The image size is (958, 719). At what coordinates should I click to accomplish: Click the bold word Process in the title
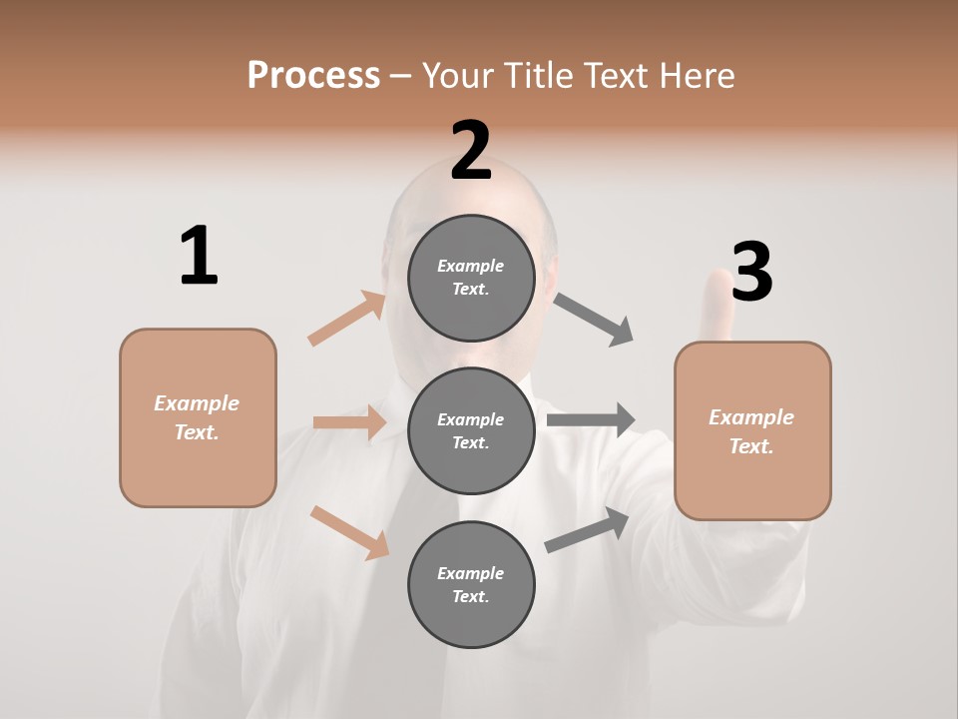click(x=313, y=76)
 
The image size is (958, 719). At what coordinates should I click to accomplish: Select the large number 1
click(x=198, y=256)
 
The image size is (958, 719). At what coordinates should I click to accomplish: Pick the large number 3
click(x=751, y=272)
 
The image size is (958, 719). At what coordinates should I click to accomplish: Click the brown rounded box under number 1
click(x=198, y=417)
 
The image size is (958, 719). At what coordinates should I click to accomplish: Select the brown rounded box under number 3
click(x=752, y=431)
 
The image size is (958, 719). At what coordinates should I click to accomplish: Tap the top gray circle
click(x=471, y=278)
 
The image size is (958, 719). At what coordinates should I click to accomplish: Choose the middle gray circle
click(x=471, y=430)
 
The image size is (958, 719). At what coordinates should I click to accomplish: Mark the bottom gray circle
click(x=471, y=584)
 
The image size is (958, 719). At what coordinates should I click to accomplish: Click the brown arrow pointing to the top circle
click(x=347, y=319)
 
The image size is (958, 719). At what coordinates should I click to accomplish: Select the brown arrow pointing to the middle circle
click(x=349, y=422)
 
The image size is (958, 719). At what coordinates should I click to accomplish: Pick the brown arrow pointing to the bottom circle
click(x=350, y=532)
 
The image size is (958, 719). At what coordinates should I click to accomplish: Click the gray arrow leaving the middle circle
click(x=591, y=419)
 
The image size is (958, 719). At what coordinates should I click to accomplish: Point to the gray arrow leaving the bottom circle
click(x=587, y=529)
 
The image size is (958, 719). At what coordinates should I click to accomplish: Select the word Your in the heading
click(x=458, y=76)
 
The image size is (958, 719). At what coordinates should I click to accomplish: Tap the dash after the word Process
click(x=401, y=76)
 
